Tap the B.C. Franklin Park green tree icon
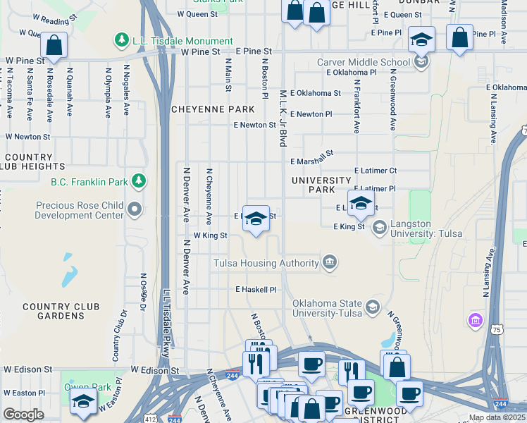[139, 182]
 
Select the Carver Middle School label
[364, 62]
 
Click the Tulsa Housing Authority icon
[329, 263]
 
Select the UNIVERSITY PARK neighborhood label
[322, 185]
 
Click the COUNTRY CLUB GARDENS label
[61, 311]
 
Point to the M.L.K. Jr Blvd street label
[283, 118]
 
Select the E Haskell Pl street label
[256, 290]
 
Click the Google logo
[23, 415]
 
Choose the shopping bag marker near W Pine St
[54, 44]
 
